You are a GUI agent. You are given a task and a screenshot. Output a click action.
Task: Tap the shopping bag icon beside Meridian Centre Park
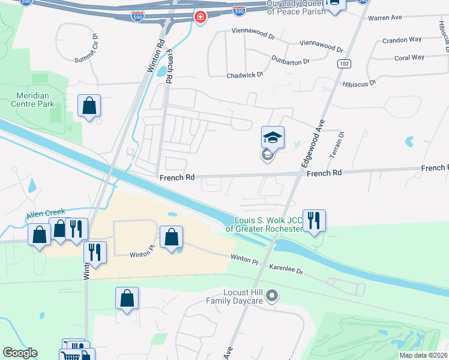[89, 106]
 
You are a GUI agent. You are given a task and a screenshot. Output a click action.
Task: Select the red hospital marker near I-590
[200, 17]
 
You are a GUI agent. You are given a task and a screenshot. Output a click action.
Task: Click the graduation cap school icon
[273, 137]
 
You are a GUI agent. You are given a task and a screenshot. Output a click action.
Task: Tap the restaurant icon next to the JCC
[314, 220]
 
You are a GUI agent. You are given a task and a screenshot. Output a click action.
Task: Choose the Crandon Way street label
[402, 40]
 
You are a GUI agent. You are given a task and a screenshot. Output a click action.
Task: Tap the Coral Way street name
[409, 58]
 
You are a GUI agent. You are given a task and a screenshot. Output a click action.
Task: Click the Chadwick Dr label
[245, 75]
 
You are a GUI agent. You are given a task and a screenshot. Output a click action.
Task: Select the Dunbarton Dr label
[290, 61]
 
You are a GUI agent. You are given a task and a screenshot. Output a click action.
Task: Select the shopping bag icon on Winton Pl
[171, 237]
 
